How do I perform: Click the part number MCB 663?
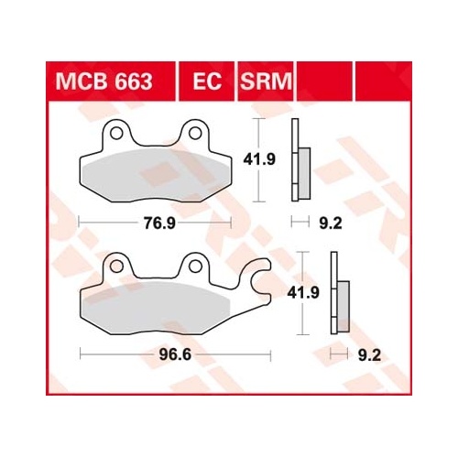point(104,82)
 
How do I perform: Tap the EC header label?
point(207,82)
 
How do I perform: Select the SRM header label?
point(266,82)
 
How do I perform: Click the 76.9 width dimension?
point(159,223)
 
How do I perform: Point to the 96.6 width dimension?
point(175,354)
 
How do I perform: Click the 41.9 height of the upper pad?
point(259,159)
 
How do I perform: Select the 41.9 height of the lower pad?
point(303,293)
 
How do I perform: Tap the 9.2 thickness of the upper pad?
point(331,223)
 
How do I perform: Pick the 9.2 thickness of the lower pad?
point(369,355)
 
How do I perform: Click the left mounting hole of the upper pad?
point(116,133)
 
